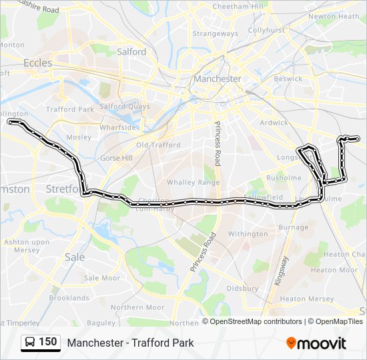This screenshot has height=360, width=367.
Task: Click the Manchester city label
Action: [x=217, y=79]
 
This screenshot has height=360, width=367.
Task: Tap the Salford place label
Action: [x=131, y=51]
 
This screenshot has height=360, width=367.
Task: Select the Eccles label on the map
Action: [x=37, y=63]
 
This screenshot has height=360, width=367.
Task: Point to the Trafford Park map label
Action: [x=69, y=109]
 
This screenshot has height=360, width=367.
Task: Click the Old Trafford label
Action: [x=158, y=145]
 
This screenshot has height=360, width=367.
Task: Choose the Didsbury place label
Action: [x=242, y=289]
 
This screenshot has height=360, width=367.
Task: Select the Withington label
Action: [x=248, y=234]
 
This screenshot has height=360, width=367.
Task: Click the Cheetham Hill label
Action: [x=234, y=6]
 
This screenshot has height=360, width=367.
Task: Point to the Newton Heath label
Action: [x=334, y=16]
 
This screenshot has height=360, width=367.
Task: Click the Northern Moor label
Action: [x=137, y=307]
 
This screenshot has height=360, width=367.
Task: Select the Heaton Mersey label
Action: [x=302, y=299]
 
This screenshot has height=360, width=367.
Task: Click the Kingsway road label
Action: [x=282, y=271]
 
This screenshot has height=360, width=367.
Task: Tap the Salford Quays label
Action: [x=121, y=106]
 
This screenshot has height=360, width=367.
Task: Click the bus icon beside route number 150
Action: [x=30, y=343]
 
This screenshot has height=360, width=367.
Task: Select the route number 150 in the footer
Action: [x=47, y=342]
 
